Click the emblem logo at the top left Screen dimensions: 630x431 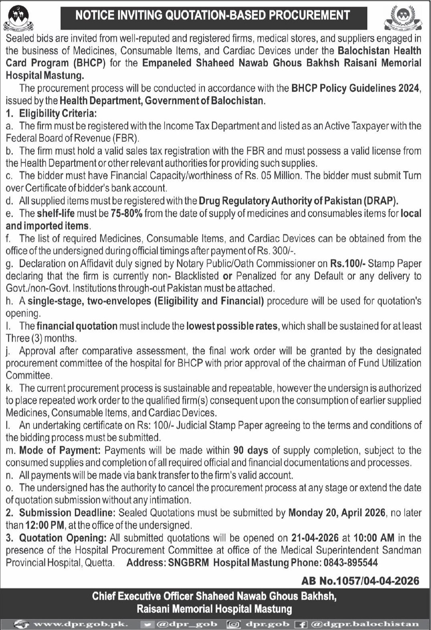18,18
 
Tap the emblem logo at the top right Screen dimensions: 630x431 403,18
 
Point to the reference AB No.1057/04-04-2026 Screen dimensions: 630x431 360,580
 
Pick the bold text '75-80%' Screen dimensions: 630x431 126,213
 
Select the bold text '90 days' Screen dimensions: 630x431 251,450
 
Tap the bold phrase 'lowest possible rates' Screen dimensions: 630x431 232,326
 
